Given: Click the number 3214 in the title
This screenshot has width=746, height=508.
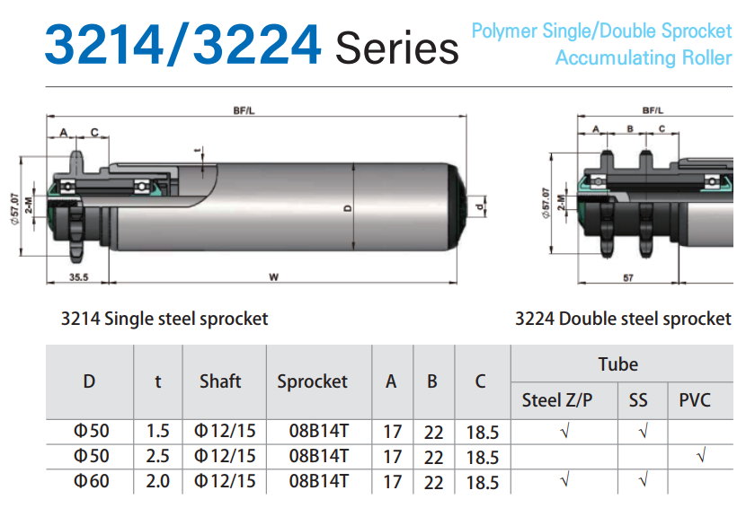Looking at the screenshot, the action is coord(104,44).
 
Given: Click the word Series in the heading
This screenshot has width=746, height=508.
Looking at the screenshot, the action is coord(397,48).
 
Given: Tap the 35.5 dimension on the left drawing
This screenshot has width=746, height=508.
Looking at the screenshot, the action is coord(78,277).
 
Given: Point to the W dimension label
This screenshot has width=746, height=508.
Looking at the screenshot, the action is coord(273,277).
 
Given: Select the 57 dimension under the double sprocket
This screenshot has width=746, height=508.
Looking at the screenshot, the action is coord(628,277).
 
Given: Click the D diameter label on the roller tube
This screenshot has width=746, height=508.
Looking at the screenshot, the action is coord(348,207).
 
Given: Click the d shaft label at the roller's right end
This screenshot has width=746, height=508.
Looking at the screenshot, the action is coord(480,206).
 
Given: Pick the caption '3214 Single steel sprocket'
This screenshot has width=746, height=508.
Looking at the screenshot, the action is coord(164,319).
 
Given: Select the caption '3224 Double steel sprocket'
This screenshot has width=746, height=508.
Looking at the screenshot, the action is coord(623,319).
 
